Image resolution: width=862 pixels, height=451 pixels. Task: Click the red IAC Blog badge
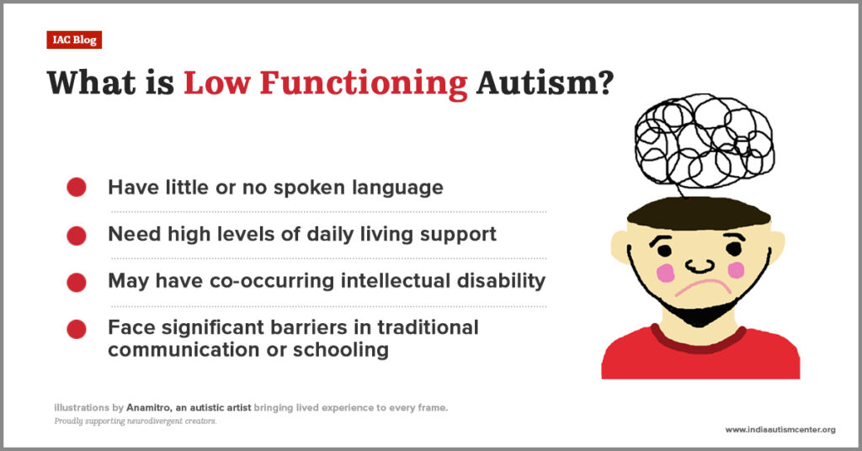coord(74,40)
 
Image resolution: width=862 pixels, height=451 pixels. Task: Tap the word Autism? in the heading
coord(545,83)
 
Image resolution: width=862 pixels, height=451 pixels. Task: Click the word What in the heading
coord(92,83)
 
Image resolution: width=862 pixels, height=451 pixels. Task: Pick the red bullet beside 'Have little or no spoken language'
coord(77,187)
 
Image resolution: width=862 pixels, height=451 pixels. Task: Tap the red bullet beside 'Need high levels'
coord(77,236)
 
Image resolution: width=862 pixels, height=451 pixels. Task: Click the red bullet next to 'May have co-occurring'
coord(77,283)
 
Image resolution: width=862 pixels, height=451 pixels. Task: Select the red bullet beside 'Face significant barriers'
coord(77,329)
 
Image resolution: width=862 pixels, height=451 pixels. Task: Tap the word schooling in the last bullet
coord(341,351)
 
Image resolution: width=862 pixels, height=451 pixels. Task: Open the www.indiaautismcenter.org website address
coord(780,430)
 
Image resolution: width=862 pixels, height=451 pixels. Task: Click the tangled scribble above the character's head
coord(705,141)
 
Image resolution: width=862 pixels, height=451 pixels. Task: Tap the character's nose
coord(700,266)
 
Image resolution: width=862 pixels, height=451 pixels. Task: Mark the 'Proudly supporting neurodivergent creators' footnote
coord(136,422)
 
